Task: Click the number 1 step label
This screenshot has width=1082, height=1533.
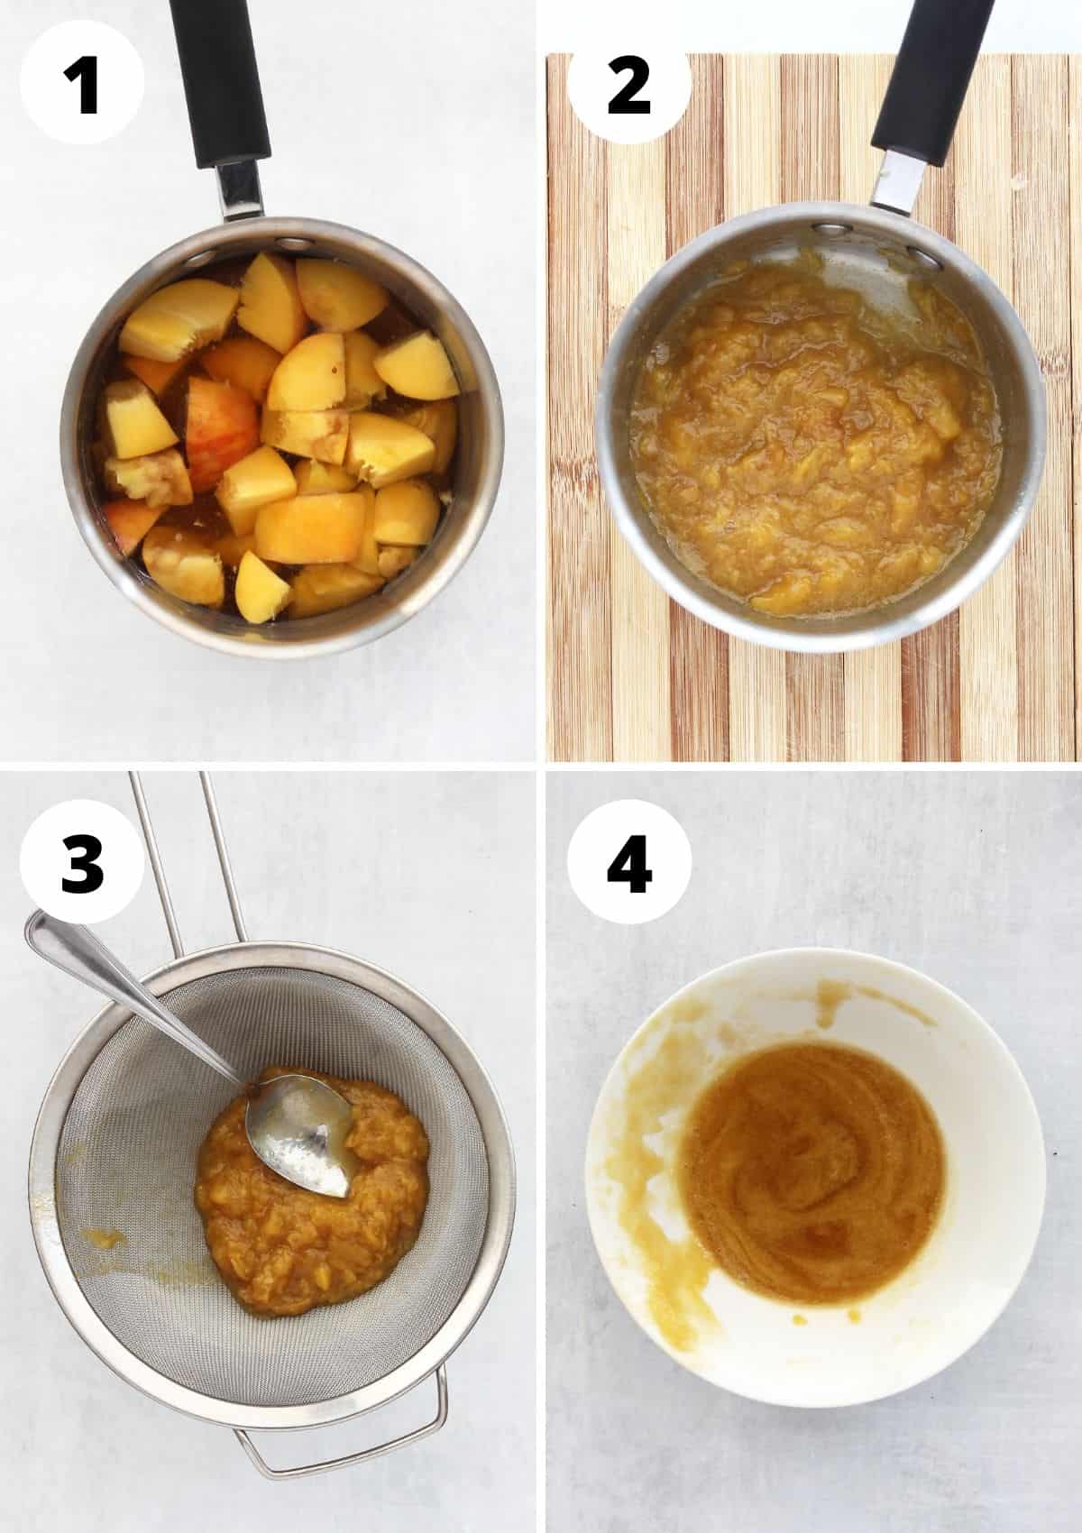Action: click(82, 87)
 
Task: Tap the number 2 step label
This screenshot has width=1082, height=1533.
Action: click(628, 87)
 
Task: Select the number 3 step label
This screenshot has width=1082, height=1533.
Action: click(82, 865)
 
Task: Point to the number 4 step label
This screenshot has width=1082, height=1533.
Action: click(629, 865)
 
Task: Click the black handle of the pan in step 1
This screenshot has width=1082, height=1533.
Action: click(220, 82)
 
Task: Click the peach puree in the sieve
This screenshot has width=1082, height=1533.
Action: click(311, 1205)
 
